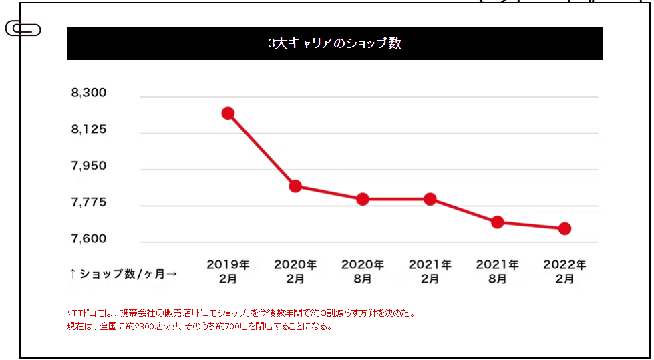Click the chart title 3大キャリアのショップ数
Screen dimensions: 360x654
coord(334,44)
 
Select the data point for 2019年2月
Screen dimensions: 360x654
coord(228,113)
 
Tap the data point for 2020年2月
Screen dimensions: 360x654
coord(295,186)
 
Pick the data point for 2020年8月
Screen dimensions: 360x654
coord(363,199)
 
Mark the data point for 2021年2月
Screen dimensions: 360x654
coord(430,199)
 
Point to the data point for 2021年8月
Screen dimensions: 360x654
coord(497,222)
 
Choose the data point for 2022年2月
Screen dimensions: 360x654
coord(564,228)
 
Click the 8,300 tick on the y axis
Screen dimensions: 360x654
coord(89,93)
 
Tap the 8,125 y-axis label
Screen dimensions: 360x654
coord(89,129)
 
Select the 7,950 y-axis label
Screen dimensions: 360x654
coord(89,166)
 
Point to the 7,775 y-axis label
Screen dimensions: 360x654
coord(89,202)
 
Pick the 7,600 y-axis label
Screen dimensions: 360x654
coord(89,239)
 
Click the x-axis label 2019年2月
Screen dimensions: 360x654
coord(228,272)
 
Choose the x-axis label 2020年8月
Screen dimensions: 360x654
coord(363,272)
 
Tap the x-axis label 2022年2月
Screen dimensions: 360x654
coord(564,272)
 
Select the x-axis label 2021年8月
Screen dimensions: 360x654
coord(497,272)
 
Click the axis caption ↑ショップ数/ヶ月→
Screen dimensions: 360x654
coord(124,273)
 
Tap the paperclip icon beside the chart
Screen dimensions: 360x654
coord(23,29)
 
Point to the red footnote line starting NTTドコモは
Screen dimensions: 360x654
coord(240,313)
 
